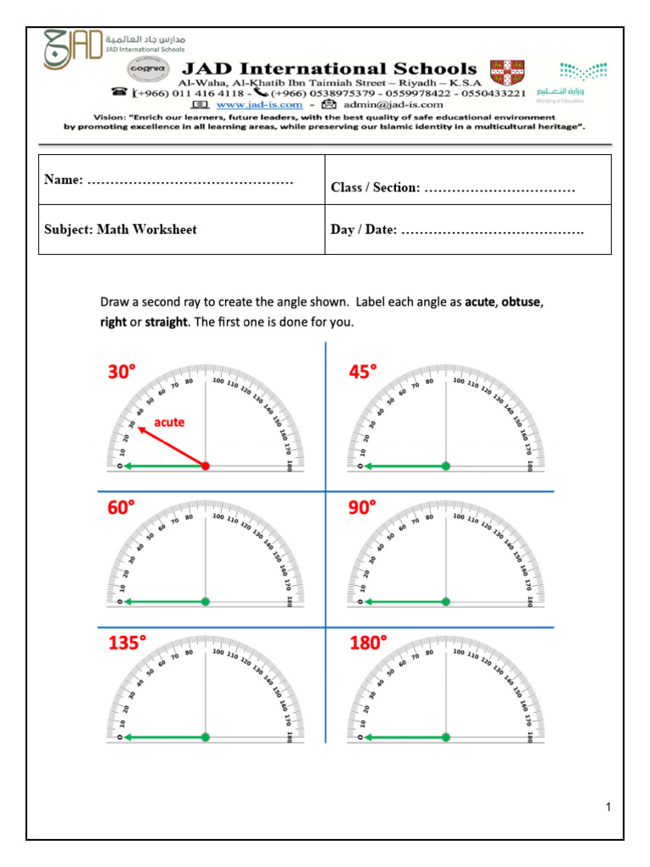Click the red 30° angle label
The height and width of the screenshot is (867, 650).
coord(121,372)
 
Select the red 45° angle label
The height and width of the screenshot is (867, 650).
coord(363,372)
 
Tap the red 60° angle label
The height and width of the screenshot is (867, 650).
coord(121,508)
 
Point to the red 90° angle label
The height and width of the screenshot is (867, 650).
coord(363,508)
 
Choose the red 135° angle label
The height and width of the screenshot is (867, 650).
coord(127,643)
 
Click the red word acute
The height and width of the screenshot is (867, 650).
coord(168,422)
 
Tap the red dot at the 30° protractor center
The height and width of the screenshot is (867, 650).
coord(205,466)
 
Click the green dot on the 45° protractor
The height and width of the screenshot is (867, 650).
coord(446,466)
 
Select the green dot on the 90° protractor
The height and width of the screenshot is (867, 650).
coord(446,602)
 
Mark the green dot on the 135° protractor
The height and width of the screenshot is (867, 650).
coord(205,737)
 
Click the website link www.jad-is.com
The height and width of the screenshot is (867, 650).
coord(260,104)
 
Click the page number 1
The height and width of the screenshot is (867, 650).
coord(608,808)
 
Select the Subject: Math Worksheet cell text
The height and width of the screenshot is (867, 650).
coord(120,229)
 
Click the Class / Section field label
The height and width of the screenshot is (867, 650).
coord(375,187)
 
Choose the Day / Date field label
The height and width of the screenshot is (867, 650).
coord(363,230)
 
